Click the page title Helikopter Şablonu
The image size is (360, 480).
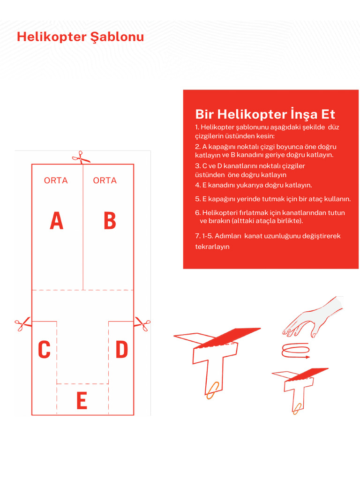pyautogui.click(x=80, y=37)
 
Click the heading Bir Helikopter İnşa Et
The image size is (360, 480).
pyautogui.click(x=265, y=114)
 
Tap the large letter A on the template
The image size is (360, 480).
pyautogui.click(x=56, y=221)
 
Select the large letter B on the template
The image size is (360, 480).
pyautogui.click(x=110, y=221)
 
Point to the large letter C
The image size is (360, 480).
pyautogui.click(x=44, y=350)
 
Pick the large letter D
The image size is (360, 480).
pyautogui.click(x=121, y=350)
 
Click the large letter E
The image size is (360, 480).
pyautogui.click(x=82, y=401)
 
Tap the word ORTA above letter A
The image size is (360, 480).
pyautogui.click(x=56, y=180)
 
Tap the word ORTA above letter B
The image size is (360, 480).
pyautogui.click(x=105, y=180)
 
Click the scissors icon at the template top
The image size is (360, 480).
pyautogui.click(x=81, y=157)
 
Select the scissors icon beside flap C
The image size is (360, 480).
pyautogui.click(x=22, y=324)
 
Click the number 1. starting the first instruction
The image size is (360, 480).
pyautogui.click(x=197, y=127)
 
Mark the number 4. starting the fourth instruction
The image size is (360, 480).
pyautogui.click(x=198, y=185)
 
